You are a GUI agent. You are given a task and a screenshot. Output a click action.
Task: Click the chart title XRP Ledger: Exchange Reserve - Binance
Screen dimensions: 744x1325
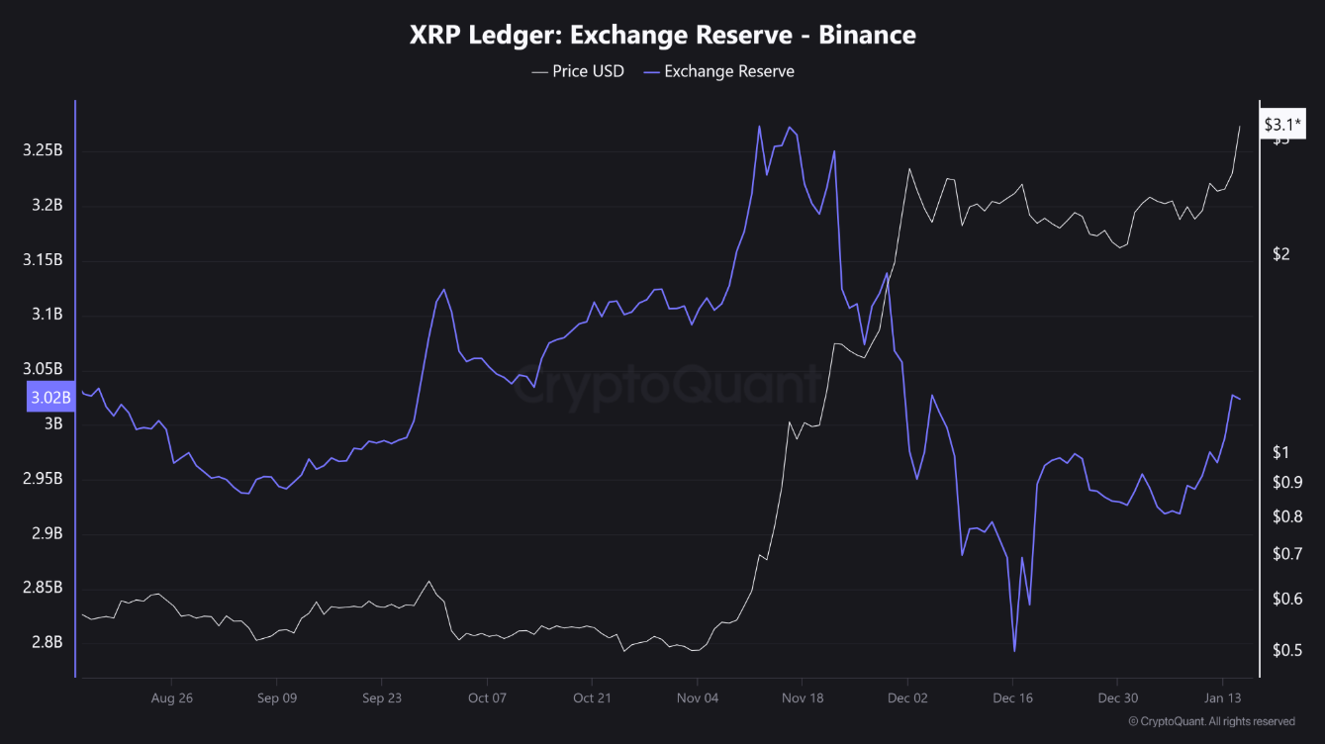[x=662, y=36]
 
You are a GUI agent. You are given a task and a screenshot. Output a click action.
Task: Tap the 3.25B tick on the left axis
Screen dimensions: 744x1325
[x=43, y=150]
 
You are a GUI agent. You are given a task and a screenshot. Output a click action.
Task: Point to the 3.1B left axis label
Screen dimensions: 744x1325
[x=47, y=315]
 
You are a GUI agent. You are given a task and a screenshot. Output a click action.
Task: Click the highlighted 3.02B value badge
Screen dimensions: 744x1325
[x=50, y=399]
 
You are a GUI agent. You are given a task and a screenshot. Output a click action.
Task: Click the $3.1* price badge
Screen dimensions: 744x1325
[x=1283, y=125]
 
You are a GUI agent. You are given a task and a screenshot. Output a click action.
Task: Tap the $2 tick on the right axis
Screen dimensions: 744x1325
[x=1281, y=254]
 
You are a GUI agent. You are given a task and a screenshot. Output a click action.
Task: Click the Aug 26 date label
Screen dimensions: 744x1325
[x=171, y=697]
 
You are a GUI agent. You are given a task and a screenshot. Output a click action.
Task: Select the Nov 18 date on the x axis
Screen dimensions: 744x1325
[x=803, y=697]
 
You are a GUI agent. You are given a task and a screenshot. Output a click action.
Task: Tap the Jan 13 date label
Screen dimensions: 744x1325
[x=1223, y=697]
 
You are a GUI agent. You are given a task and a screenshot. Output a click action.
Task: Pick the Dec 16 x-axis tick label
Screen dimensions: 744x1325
[x=1012, y=697]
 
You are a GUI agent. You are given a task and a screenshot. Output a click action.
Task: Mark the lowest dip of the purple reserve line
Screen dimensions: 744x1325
[x=1014, y=651]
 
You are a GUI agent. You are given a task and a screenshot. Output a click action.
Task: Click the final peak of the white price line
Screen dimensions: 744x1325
[x=1240, y=127]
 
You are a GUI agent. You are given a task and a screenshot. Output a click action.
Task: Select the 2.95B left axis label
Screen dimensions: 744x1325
[x=43, y=479]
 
